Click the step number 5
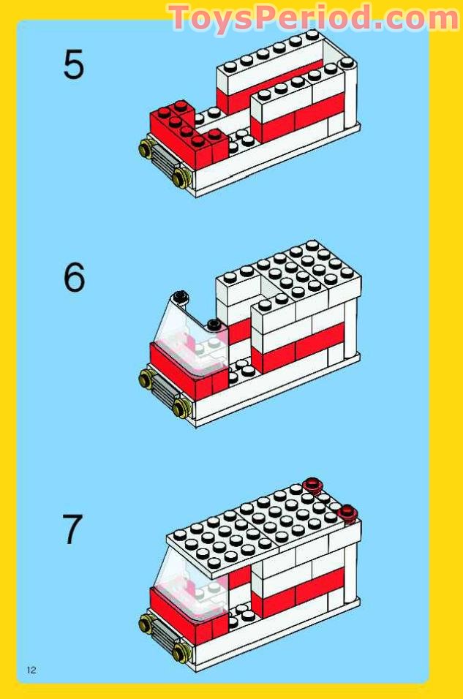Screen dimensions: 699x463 [x=73, y=64]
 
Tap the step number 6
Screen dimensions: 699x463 [x=74, y=278]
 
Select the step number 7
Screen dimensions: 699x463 [x=72, y=529]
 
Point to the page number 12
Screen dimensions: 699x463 [x=31, y=670]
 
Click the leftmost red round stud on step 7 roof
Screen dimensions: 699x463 [x=314, y=484]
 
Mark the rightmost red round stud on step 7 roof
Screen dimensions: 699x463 [x=347, y=512]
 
